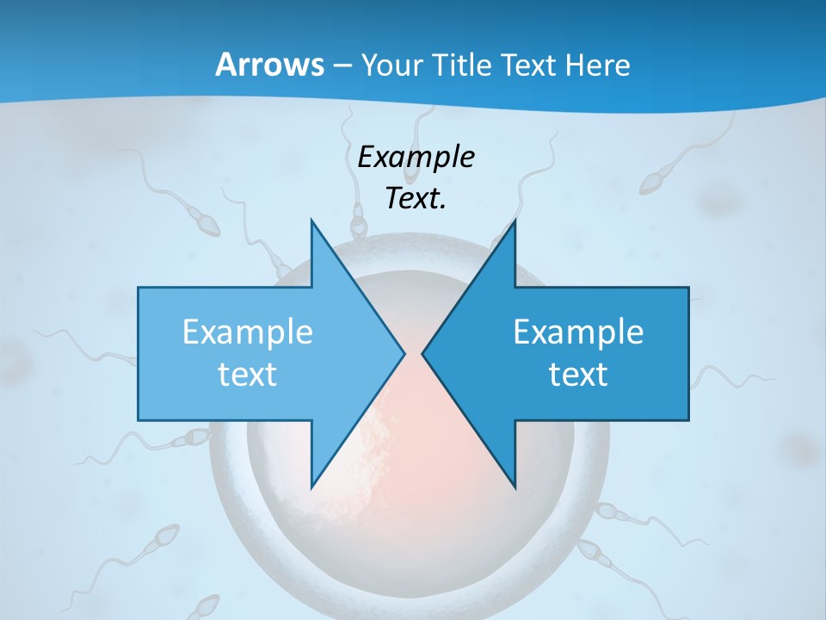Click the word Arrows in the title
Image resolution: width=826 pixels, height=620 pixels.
(x=269, y=65)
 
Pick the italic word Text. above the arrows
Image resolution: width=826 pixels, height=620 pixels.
(x=416, y=199)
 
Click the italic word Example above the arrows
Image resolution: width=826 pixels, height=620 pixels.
(x=416, y=158)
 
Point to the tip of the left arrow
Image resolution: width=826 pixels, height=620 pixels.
(x=404, y=353)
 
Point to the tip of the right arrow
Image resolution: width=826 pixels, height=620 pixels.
(x=422, y=353)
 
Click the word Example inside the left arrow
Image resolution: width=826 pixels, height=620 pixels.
(x=248, y=332)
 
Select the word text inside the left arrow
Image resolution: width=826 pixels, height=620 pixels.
(x=248, y=375)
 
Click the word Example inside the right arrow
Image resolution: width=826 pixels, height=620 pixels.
(x=578, y=332)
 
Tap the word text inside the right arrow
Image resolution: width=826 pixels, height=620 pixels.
(x=578, y=375)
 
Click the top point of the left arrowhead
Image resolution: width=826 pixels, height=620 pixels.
(x=311, y=220)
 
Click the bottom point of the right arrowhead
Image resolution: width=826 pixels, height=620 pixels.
(x=515, y=487)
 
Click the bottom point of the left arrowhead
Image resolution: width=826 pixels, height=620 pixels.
(x=311, y=487)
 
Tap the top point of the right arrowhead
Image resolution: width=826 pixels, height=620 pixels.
(x=515, y=220)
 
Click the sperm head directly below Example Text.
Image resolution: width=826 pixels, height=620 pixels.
(x=359, y=226)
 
